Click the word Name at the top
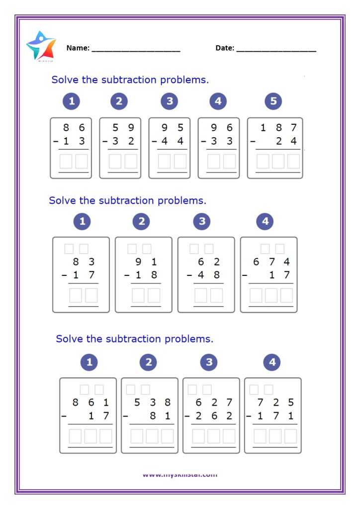pyautogui.click(x=78, y=48)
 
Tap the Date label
pyautogui.click(x=224, y=48)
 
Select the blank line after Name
pyautogui.click(x=136, y=50)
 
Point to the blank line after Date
pyautogui.click(x=276, y=50)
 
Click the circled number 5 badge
pyautogui.click(x=273, y=101)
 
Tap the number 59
pyautogui.click(x=123, y=128)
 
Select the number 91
pyautogui.click(x=147, y=262)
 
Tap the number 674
pyautogui.click(x=271, y=262)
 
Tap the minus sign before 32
pyautogui.click(x=105, y=141)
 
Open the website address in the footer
pyautogui.click(x=180, y=475)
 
